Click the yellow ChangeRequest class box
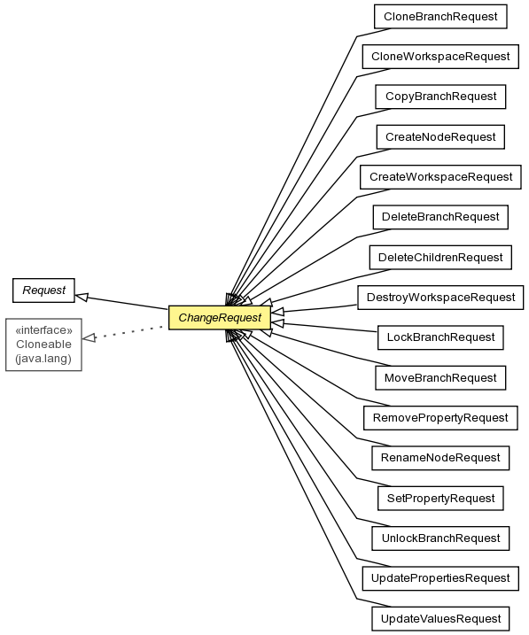click(x=220, y=317)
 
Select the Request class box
click(x=43, y=290)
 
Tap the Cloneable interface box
click(x=43, y=345)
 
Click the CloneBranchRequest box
click(x=440, y=17)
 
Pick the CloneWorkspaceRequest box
click(x=440, y=57)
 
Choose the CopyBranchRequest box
click(x=440, y=97)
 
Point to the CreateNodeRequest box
click(x=440, y=137)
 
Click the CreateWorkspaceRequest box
click(x=440, y=177)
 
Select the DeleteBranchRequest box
click(x=440, y=217)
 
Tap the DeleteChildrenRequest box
click(x=440, y=257)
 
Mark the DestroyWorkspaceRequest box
click(x=440, y=298)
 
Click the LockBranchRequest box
click(x=440, y=337)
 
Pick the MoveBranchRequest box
click(x=440, y=378)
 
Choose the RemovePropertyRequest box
click(x=440, y=418)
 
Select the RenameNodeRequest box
click(x=440, y=458)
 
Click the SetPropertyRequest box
click(x=440, y=498)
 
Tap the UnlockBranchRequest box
click(x=440, y=538)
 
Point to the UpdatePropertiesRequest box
click(x=440, y=578)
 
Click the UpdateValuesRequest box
click(x=440, y=619)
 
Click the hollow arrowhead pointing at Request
click(x=82, y=298)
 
